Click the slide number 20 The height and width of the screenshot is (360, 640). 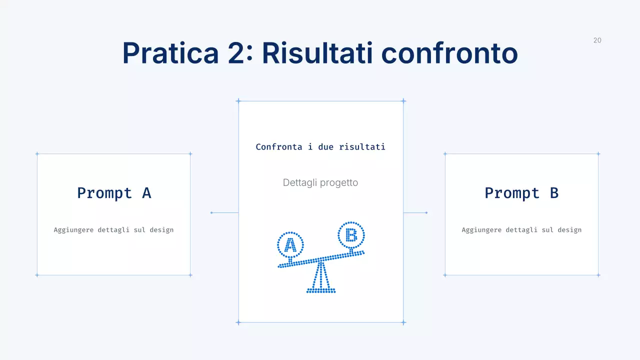click(x=597, y=40)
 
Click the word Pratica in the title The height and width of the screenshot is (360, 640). click(x=170, y=52)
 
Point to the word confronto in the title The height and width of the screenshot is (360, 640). click(x=449, y=52)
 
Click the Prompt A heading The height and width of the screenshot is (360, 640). click(x=114, y=193)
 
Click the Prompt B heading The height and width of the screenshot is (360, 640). click(x=521, y=193)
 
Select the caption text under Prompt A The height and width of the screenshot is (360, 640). click(x=113, y=230)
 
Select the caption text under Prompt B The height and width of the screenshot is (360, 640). click(x=521, y=230)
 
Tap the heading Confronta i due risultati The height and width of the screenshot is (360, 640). click(x=320, y=147)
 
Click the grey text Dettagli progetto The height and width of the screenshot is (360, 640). click(x=320, y=182)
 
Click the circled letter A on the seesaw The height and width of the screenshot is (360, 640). click(x=290, y=245)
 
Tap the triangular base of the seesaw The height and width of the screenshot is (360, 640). click(x=321, y=280)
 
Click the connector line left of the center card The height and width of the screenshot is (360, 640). click(x=224, y=213)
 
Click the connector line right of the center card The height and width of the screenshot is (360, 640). click(x=415, y=213)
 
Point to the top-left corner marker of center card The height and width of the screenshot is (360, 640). click(x=238, y=101)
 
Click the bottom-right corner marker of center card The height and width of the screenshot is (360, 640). click(x=403, y=322)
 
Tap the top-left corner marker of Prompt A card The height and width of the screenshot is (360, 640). click(x=37, y=154)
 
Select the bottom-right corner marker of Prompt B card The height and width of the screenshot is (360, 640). click(x=598, y=275)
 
